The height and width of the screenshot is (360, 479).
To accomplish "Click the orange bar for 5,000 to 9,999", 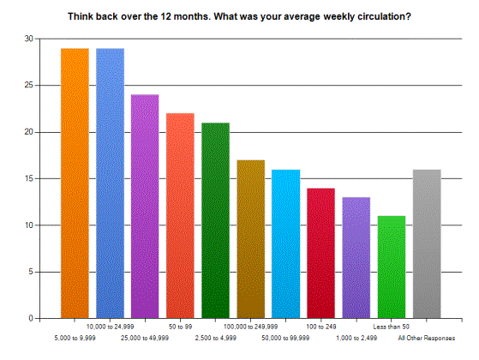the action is coord(75,183).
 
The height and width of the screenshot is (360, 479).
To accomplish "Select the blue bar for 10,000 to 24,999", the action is coord(111,183).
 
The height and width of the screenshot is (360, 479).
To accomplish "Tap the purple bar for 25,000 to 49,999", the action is coord(145,207).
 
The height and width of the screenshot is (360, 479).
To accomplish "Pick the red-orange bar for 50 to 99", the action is coord(180,216).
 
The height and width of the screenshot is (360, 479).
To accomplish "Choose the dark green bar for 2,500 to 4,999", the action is coord(216,220).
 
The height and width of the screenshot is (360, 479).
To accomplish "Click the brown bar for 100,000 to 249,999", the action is coord(251,239).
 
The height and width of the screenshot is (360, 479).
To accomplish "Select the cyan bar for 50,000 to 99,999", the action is coord(286,244).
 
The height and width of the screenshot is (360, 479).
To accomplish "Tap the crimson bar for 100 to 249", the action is coord(321,254).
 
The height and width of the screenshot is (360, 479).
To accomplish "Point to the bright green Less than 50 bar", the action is coord(392,267).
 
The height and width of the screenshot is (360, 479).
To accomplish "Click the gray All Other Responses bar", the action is coord(427,244).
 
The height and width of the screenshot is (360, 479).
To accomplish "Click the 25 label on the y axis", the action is coord(29,85).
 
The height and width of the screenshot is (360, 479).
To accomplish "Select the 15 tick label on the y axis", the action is coord(29,178).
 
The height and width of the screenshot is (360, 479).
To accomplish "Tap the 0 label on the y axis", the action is coord(31,319).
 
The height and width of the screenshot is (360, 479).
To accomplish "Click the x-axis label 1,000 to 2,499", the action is coord(356,338).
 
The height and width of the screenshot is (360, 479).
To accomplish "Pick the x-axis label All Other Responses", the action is coord(427,338).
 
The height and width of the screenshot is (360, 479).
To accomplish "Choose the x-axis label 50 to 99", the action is coord(180,327).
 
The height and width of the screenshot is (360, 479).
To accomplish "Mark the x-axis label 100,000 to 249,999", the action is coord(250,327).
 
